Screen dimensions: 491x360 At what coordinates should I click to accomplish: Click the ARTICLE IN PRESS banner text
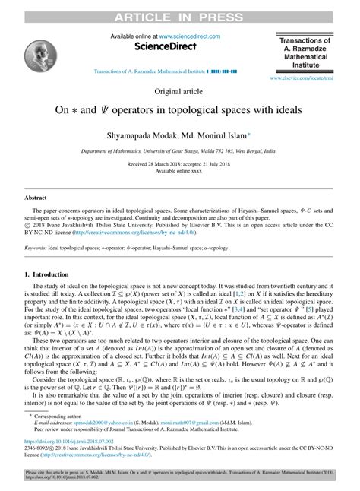click(179, 10)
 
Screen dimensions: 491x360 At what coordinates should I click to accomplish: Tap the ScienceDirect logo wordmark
click(165, 46)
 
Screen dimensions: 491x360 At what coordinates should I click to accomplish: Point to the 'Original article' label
click(179, 92)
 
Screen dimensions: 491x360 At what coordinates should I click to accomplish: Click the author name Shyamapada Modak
click(147, 132)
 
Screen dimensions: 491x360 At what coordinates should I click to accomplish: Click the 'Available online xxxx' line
click(179, 171)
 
